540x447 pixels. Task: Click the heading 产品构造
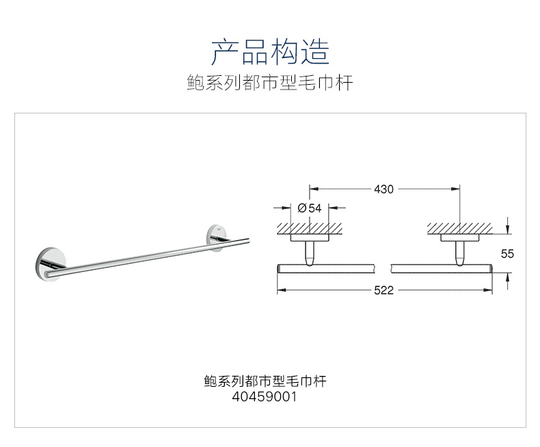270,52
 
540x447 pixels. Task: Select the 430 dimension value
383,189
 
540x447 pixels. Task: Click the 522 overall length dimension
383,290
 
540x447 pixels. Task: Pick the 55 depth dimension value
507,254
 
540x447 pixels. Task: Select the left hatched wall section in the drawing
310,228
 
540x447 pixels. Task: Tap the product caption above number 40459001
265,381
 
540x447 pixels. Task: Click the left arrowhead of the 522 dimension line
280,290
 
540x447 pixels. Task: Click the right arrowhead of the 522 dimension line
489,290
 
